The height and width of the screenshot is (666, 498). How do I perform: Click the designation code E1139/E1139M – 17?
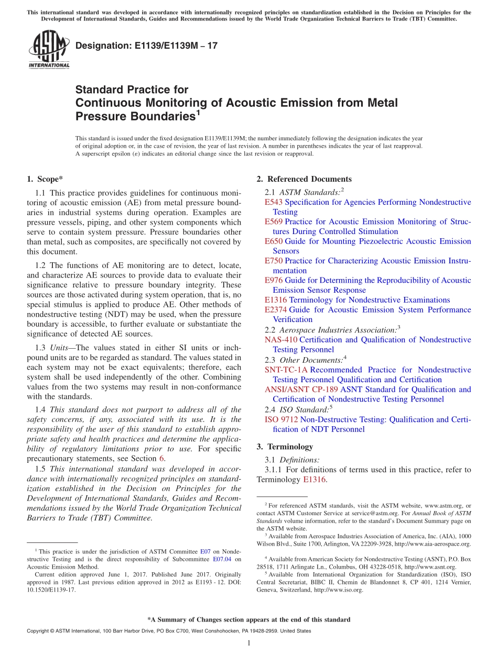click(x=146, y=46)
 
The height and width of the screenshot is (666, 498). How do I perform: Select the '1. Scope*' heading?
click(x=45, y=179)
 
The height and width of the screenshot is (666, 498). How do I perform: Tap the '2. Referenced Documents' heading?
click(x=304, y=179)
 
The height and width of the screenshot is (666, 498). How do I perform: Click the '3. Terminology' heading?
click(x=285, y=447)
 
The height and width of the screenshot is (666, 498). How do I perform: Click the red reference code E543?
click(x=274, y=202)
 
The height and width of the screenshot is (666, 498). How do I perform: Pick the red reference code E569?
click(x=274, y=222)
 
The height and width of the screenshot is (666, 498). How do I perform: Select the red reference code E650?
click(x=274, y=241)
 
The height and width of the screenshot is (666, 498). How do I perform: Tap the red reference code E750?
click(x=274, y=261)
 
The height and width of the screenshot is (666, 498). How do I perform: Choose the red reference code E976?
click(x=274, y=280)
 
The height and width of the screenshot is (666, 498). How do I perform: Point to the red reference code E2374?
click(x=276, y=309)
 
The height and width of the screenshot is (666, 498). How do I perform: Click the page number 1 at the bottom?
click(x=249, y=643)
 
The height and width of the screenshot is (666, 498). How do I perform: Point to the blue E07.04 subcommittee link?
click(x=222, y=559)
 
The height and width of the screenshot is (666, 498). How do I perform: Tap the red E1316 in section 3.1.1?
click(x=315, y=480)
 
